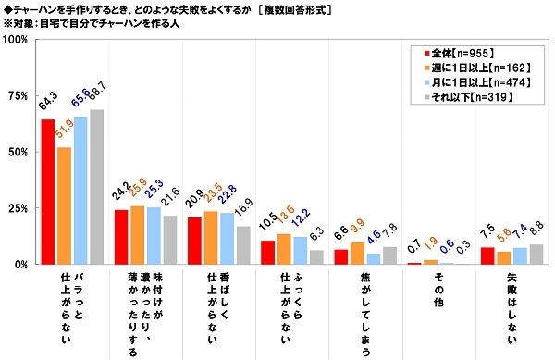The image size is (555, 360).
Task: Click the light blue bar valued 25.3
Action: coord(154,236)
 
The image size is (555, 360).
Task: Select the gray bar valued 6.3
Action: coord(316,257)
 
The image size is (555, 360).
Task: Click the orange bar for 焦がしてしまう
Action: coord(355,254)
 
